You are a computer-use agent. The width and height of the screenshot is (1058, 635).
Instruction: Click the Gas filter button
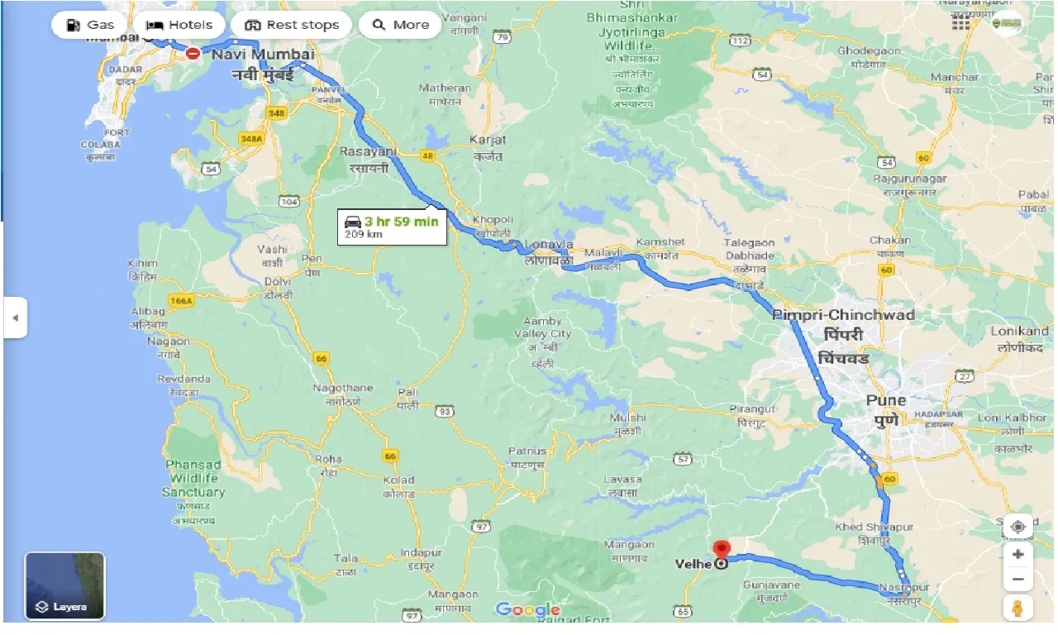(x=88, y=25)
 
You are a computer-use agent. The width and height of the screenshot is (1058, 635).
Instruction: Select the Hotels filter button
(x=179, y=25)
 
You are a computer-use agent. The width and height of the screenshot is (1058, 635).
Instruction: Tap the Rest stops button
(x=292, y=25)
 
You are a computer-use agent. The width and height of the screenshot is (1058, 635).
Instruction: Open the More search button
(x=400, y=25)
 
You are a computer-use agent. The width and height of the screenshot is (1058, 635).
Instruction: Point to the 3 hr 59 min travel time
(x=401, y=222)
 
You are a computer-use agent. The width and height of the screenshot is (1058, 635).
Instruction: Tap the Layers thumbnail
(x=64, y=586)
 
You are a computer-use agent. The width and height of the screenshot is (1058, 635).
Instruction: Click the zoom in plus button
(x=1018, y=554)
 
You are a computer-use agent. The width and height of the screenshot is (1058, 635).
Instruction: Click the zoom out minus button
(x=1018, y=580)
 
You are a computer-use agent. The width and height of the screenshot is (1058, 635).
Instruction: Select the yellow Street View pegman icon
(x=1018, y=608)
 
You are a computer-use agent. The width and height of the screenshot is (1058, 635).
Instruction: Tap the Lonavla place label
(x=549, y=245)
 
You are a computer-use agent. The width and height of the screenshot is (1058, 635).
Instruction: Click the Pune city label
(x=886, y=400)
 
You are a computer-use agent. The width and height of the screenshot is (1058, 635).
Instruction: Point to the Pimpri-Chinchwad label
(x=843, y=315)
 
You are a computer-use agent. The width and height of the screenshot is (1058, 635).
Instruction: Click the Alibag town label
(x=149, y=311)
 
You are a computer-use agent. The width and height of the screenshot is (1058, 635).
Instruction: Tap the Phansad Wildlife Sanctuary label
(x=193, y=478)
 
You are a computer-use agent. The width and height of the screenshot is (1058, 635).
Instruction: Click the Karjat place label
(x=488, y=140)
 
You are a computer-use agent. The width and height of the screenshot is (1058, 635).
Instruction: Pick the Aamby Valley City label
(x=542, y=327)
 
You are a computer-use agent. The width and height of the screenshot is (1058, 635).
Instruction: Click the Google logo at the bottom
(x=527, y=610)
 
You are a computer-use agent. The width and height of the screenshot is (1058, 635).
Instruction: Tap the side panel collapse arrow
(x=15, y=318)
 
